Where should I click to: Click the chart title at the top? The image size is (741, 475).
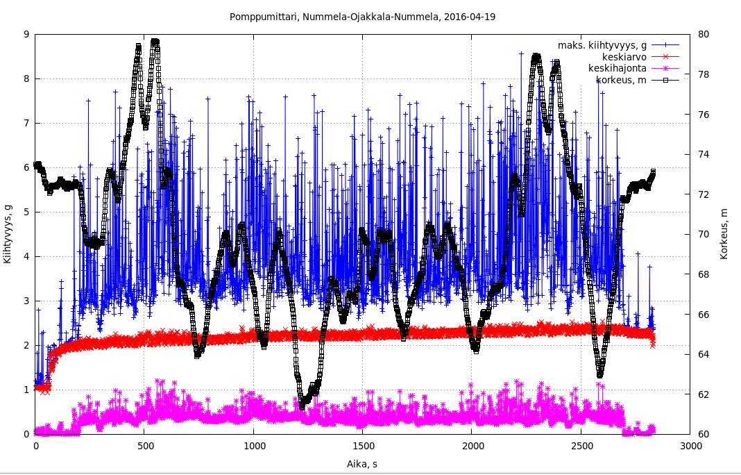[362, 15]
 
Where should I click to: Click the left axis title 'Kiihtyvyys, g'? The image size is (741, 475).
[8, 234]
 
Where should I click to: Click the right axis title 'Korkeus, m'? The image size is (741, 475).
[724, 234]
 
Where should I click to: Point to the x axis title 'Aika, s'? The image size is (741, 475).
[361, 462]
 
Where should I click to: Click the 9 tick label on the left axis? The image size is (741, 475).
[26, 34]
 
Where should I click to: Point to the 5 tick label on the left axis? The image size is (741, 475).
[26, 212]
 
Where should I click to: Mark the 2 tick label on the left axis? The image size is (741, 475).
[26, 345]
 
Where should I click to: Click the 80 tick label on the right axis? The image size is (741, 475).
[704, 34]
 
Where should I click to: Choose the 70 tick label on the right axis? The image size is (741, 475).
[704, 234]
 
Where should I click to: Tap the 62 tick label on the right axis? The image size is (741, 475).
[704, 394]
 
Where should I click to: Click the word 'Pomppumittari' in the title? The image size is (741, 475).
[259, 15]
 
